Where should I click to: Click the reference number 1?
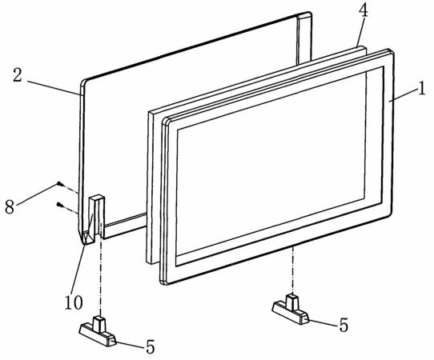[x=421, y=88]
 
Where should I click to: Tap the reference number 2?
[x=17, y=75]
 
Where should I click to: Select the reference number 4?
[x=364, y=11]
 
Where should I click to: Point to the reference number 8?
[x=10, y=206]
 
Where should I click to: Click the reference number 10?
[x=74, y=302]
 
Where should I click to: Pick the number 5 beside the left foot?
[x=151, y=346]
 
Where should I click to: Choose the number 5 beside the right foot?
[x=344, y=325]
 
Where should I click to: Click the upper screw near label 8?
[x=60, y=184]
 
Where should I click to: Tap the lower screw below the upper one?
[x=59, y=205]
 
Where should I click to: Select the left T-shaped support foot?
[x=98, y=332]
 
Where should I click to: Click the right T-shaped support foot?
[x=291, y=310]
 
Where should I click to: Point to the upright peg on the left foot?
[x=99, y=323]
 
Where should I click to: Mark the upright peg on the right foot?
[x=292, y=302]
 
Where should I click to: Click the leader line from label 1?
[x=403, y=95]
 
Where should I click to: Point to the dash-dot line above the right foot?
[x=292, y=270]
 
